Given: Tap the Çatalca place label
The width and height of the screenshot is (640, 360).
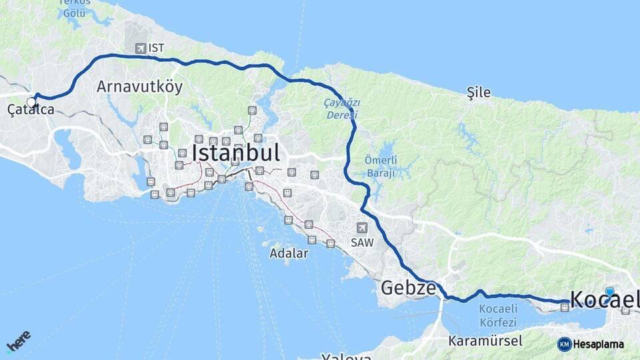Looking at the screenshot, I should (x=31, y=110).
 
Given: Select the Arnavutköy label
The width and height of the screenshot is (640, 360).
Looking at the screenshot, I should (x=139, y=87).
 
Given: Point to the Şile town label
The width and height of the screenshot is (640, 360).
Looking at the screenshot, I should (x=479, y=93).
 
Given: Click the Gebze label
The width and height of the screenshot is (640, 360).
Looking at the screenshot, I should (x=408, y=288).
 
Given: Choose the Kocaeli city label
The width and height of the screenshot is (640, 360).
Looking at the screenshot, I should (x=603, y=299).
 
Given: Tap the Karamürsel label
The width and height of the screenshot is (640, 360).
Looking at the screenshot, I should (x=485, y=340).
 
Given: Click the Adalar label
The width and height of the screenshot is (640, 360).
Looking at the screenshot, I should (x=289, y=253).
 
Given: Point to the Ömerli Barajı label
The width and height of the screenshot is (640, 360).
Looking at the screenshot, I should (x=381, y=167).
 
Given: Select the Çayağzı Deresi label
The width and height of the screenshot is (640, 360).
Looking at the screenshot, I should (x=341, y=109).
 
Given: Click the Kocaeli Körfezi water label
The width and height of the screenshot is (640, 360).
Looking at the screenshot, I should (x=498, y=315).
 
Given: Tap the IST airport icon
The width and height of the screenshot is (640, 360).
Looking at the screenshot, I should (x=140, y=48).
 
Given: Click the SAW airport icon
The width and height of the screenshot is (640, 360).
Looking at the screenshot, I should (x=361, y=227).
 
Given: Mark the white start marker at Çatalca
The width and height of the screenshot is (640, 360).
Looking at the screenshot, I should (x=31, y=102).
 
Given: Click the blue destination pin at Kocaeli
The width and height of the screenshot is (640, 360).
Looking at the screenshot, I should (x=609, y=292).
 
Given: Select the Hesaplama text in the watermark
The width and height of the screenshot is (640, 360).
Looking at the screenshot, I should (x=599, y=344).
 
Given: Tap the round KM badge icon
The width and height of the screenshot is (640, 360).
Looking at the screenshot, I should (x=564, y=344).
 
